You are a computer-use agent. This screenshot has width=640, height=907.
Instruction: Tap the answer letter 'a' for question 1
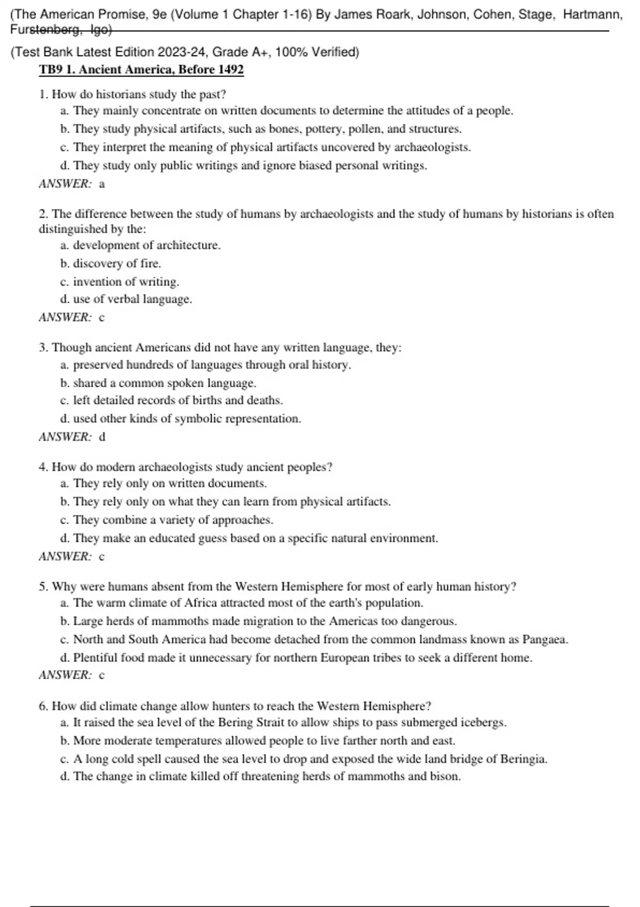[102, 184]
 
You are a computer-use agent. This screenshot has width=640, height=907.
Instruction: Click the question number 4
[43, 467]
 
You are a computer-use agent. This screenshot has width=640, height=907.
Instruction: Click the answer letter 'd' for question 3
[102, 437]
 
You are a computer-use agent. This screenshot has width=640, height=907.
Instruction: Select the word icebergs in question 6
[483, 722]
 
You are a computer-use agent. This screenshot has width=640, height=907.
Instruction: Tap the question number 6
[43, 706]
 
